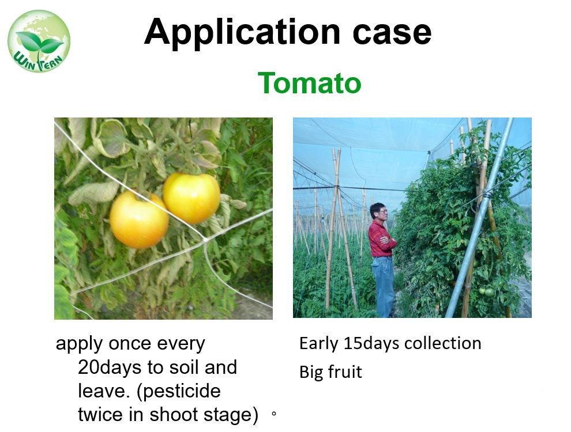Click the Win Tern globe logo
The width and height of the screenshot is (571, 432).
pos(39,41)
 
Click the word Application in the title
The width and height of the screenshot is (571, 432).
pos(242,33)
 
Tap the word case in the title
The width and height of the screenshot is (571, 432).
pos(392,33)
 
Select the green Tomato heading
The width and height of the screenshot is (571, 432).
pos(310,84)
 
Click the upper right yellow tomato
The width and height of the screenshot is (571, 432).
pos(191,198)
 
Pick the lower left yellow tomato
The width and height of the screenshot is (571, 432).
pos(139,219)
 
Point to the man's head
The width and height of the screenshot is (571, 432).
pos(378,211)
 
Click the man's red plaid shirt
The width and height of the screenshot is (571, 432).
pos(381,238)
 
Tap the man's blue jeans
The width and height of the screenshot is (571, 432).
pos(383,286)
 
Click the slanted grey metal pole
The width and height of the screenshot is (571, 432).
pos(479,218)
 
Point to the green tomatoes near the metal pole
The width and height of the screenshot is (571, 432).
pos(487,291)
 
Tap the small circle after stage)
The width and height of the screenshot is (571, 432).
pos(274,414)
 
